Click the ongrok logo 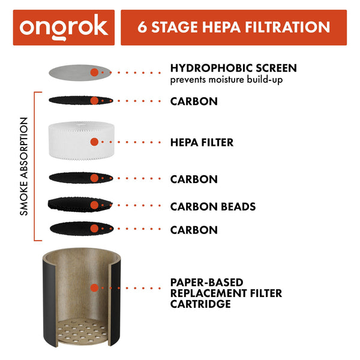click(x=64, y=27)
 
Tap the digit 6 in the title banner click(x=142, y=28)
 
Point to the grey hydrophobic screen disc click(x=75, y=72)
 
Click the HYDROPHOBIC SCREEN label click(x=233, y=68)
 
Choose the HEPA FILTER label click(x=202, y=143)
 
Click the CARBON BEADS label click(x=213, y=206)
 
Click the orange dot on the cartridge click(x=94, y=288)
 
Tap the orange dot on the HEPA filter click(x=94, y=143)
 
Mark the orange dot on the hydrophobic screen click(x=94, y=72)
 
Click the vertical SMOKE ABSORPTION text click(x=24, y=166)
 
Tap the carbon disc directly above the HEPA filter click(x=75, y=100)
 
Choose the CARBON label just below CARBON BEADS click(x=194, y=230)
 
